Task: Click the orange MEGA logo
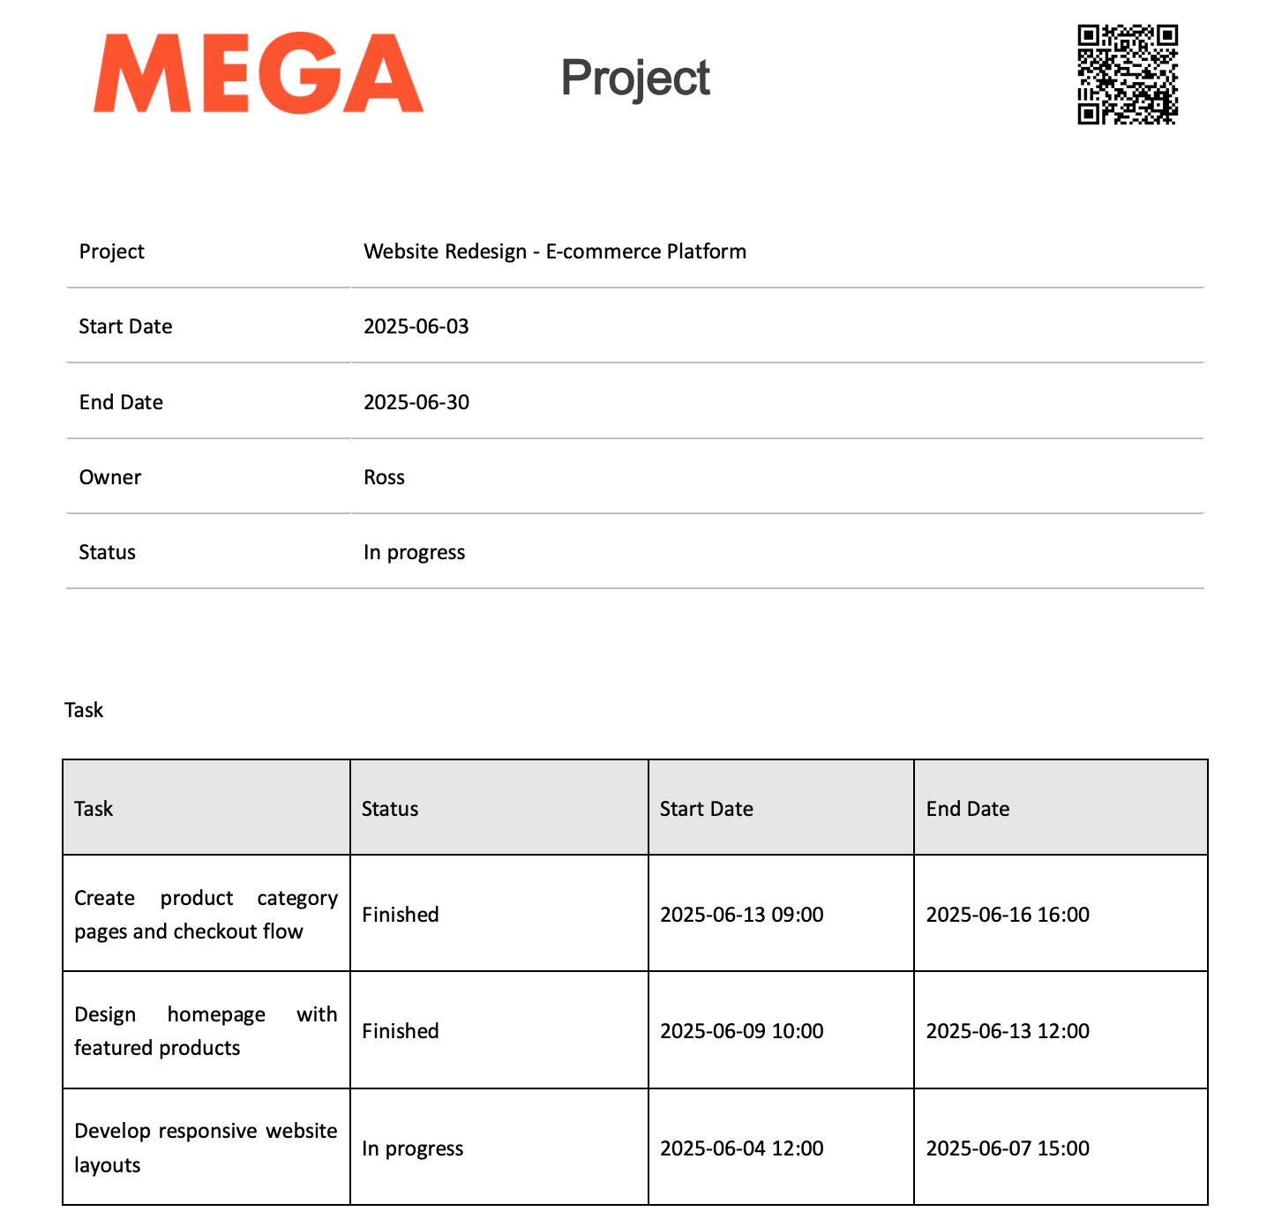pyautogui.click(x=259, y=74)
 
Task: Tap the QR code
pyautogui.click(x=1128, y=74)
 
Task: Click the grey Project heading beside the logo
pyautogui.click(x=635, y=78)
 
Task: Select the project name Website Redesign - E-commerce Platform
pyautogui.click(x=555, y=251)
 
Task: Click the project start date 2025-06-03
pyautogui.click(x=416, y=326)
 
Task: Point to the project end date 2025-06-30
pyautogui.click(x=416, y=402)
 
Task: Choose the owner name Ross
pyautogui.click(x=384, y=477)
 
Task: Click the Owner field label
pyautogui.click(x=110, y=477)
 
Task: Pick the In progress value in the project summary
pyautogui.click(x=414, y=552)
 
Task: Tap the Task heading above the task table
pyautogui.click(x=84, y=710)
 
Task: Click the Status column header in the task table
pyautogui.click(x=390, y=809)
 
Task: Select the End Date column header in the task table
pyautogui.click(x=968, y=809)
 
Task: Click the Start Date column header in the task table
pyautogui.click(x=707, y=809)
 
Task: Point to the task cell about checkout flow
pyautogui.click(x=206, y=915)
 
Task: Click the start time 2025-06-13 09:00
pyautogui.click(x=742, y=915)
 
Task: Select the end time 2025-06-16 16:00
pyautogui.click(x=1008, y=915)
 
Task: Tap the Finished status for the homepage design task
pyautogui.click(x=401, y=1031)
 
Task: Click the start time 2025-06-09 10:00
pyautogui.click(x=742, y=1031)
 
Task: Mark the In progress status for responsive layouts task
pyautogui.click(x=412, y=1148)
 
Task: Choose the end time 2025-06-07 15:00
pyautogui.click(x=1008, y=1148)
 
